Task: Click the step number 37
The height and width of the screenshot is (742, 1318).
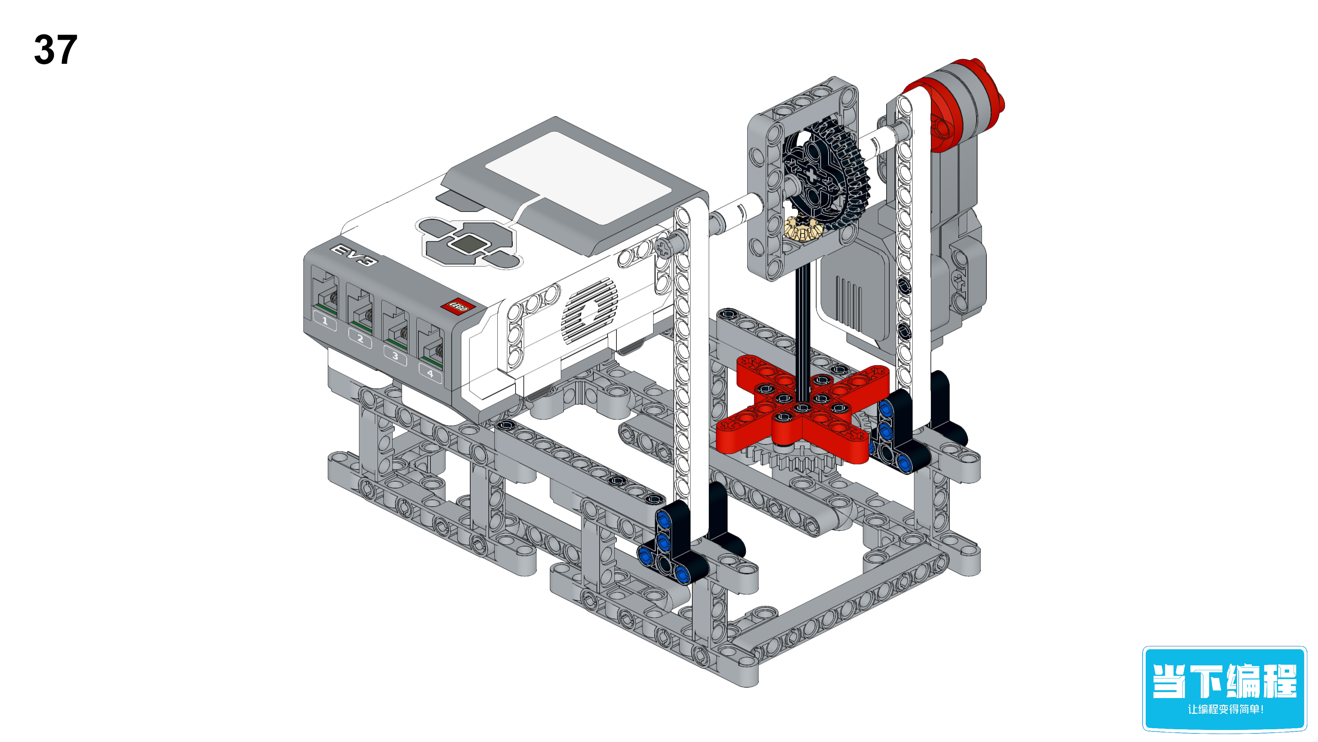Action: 55,50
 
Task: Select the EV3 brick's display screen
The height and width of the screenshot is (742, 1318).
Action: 577,177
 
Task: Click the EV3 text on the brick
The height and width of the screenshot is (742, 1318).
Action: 355,255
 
